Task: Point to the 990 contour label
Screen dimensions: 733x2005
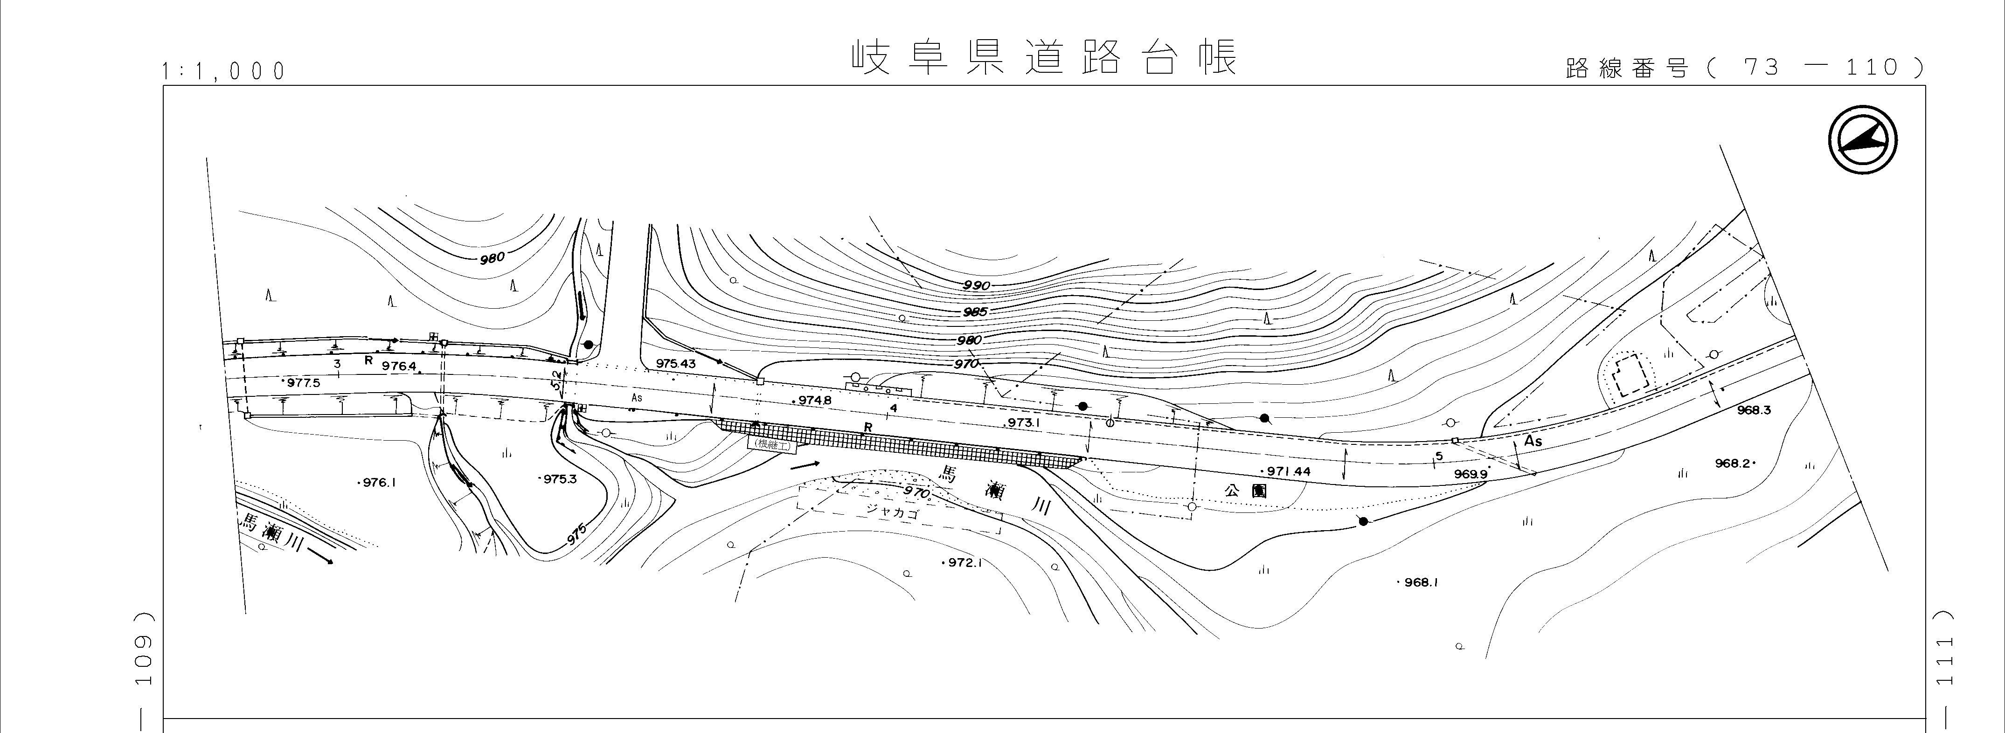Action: [x=976, y=285]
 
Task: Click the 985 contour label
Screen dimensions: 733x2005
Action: [x=974, y=312]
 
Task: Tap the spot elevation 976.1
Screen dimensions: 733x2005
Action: [x=378, y=483]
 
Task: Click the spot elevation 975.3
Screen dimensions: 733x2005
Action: [x=558, y=479]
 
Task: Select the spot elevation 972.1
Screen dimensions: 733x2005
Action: [x=964, y=563]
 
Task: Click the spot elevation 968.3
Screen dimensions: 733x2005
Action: [x=1754, y=410]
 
